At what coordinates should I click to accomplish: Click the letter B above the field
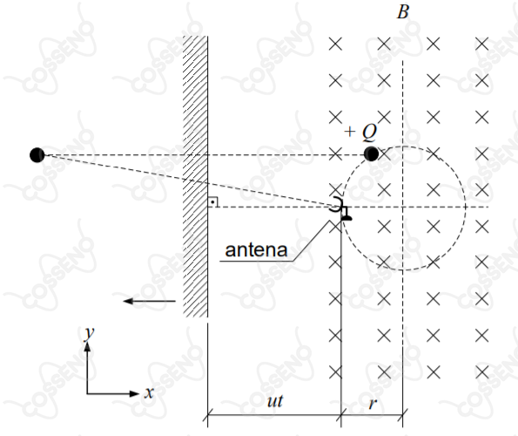(403, 12)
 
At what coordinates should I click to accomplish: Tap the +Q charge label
(360, 132)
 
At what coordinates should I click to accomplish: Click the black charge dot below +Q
(371, 154)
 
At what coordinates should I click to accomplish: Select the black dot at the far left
(37, 155)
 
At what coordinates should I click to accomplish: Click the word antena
(256, 249)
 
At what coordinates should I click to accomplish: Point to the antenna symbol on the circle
(340, 208)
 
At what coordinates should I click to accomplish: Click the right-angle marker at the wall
(212, 201)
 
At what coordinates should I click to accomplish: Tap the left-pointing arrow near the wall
(149, 301)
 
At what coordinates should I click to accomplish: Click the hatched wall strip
(195, 176)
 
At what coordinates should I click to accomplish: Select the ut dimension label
(275, 401)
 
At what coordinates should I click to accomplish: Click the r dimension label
(373, 403)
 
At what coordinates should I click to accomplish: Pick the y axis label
(89, 333)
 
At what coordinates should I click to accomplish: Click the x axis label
(149, 392)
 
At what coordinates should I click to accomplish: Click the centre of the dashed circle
(403, 207)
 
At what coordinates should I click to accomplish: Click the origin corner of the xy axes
(87, 393)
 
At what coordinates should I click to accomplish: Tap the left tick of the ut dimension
(207, 414)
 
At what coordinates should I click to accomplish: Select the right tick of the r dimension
(403, 414)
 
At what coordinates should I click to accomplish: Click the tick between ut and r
(341, 414)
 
